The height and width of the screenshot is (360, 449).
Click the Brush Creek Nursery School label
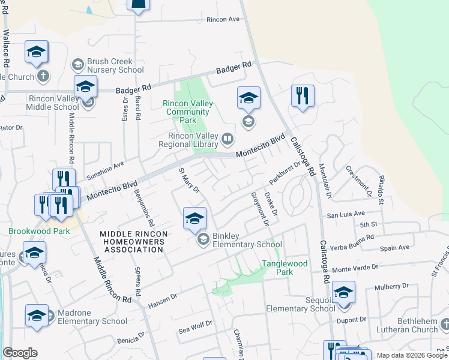tap(115, 65)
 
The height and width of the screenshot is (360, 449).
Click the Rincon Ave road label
tap(223, 19)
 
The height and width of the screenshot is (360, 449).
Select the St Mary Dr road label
tap(188, 180)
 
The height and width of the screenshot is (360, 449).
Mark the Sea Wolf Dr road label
tap(196, 328)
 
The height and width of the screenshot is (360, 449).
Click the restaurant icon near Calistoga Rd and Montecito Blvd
tap(303, 96)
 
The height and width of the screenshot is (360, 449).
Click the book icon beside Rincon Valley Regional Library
tap(227, 140)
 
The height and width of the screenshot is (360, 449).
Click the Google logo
tap(20, 353)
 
